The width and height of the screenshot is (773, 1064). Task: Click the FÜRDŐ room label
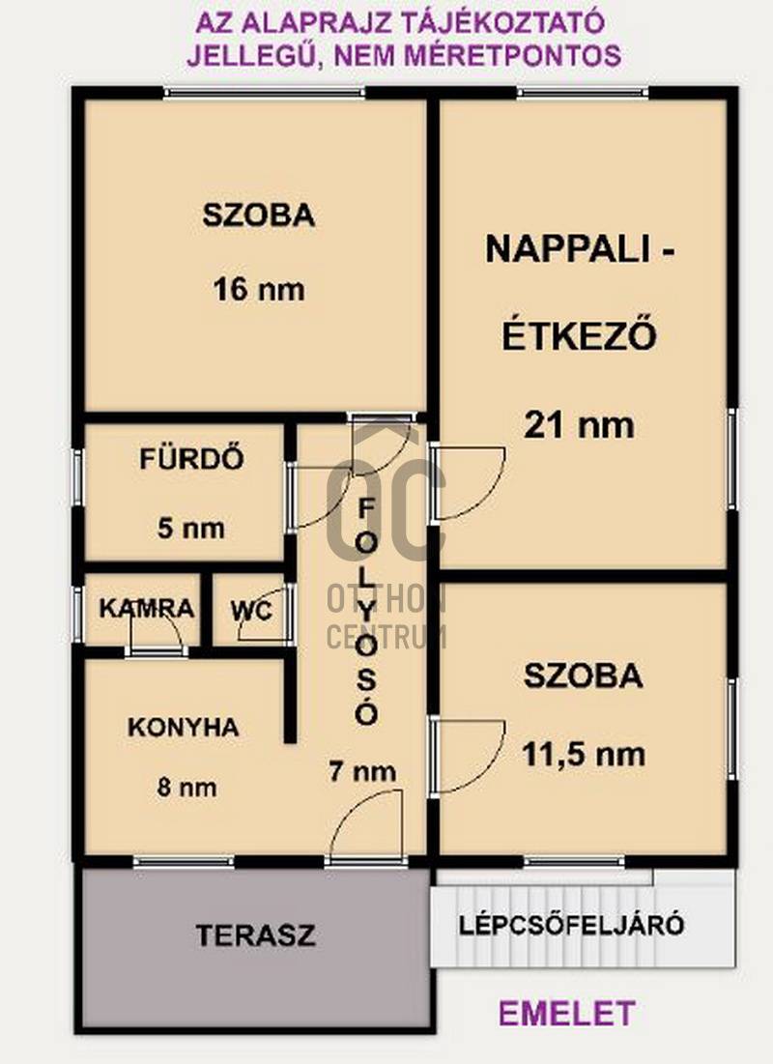coord(191,459)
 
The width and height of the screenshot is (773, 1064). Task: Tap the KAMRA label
coord(147,608)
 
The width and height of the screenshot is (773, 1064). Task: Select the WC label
coord(252,611)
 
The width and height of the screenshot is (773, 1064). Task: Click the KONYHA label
coord(184,728)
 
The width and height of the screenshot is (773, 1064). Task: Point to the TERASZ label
coord(256,935)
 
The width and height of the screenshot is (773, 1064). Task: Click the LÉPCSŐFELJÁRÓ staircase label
coord(571,925)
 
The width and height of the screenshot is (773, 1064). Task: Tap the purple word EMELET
coord(566,1014)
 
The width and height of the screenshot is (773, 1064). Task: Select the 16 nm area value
coord(259,290)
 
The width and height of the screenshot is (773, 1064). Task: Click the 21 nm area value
coord(579,425)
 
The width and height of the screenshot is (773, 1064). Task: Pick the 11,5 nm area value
coord(583,755)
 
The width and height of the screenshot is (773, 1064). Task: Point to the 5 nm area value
coord(190,528)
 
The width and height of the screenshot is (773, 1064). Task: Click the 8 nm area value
coord(187,788)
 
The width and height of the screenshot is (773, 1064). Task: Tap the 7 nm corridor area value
coord(362,771)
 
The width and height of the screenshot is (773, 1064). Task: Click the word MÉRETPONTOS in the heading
coord(512,55)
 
